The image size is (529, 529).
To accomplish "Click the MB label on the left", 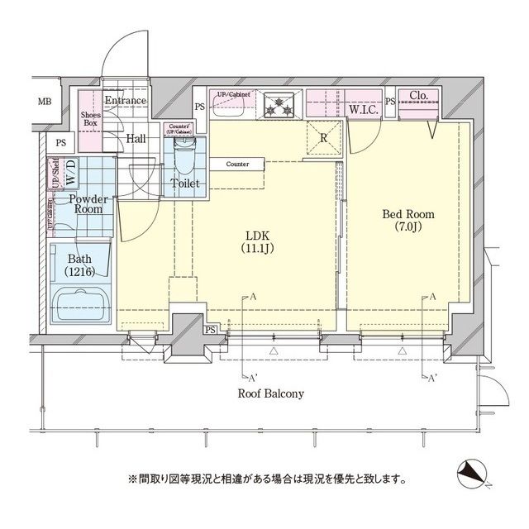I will click(x=44, y=102).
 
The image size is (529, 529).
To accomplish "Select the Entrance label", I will click(x=125, y=101).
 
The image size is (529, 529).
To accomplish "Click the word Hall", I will click(x=136, y=139).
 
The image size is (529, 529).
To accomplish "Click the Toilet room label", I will click(x=184, y=183).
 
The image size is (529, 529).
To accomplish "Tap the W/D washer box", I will click(x=70, y=174).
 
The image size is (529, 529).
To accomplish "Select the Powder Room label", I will click(x=85, y=204).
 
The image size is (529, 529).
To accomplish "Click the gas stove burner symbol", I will click(x=282, y=105).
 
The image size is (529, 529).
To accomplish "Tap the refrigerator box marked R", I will click(x=323, y=137).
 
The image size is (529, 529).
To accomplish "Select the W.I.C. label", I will click(x=363, y=108).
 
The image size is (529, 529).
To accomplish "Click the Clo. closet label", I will click(x=418, y=96).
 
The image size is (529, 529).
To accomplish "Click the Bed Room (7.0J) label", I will click(x=407, y=221).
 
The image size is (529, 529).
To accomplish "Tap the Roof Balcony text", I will click(x=270, y=394).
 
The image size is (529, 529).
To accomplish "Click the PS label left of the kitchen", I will click(x=200, y=107).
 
